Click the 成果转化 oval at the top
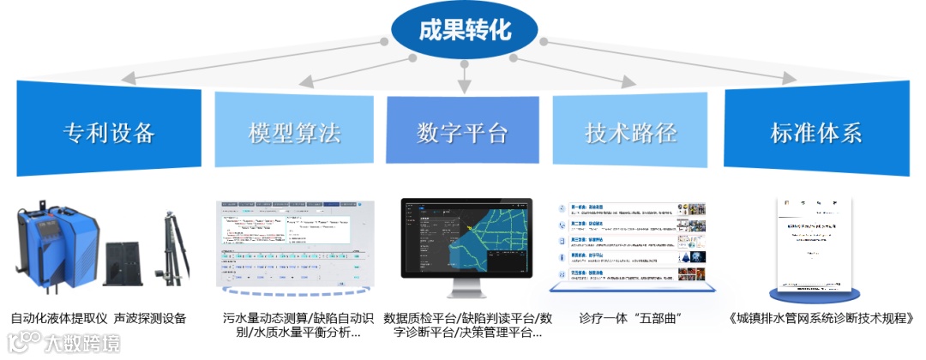tap(464, 31)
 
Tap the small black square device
tap(128, 261)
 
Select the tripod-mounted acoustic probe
tap(176, 244)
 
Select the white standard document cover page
tap(815, 243)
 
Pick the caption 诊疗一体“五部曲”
tap(630, 319)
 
